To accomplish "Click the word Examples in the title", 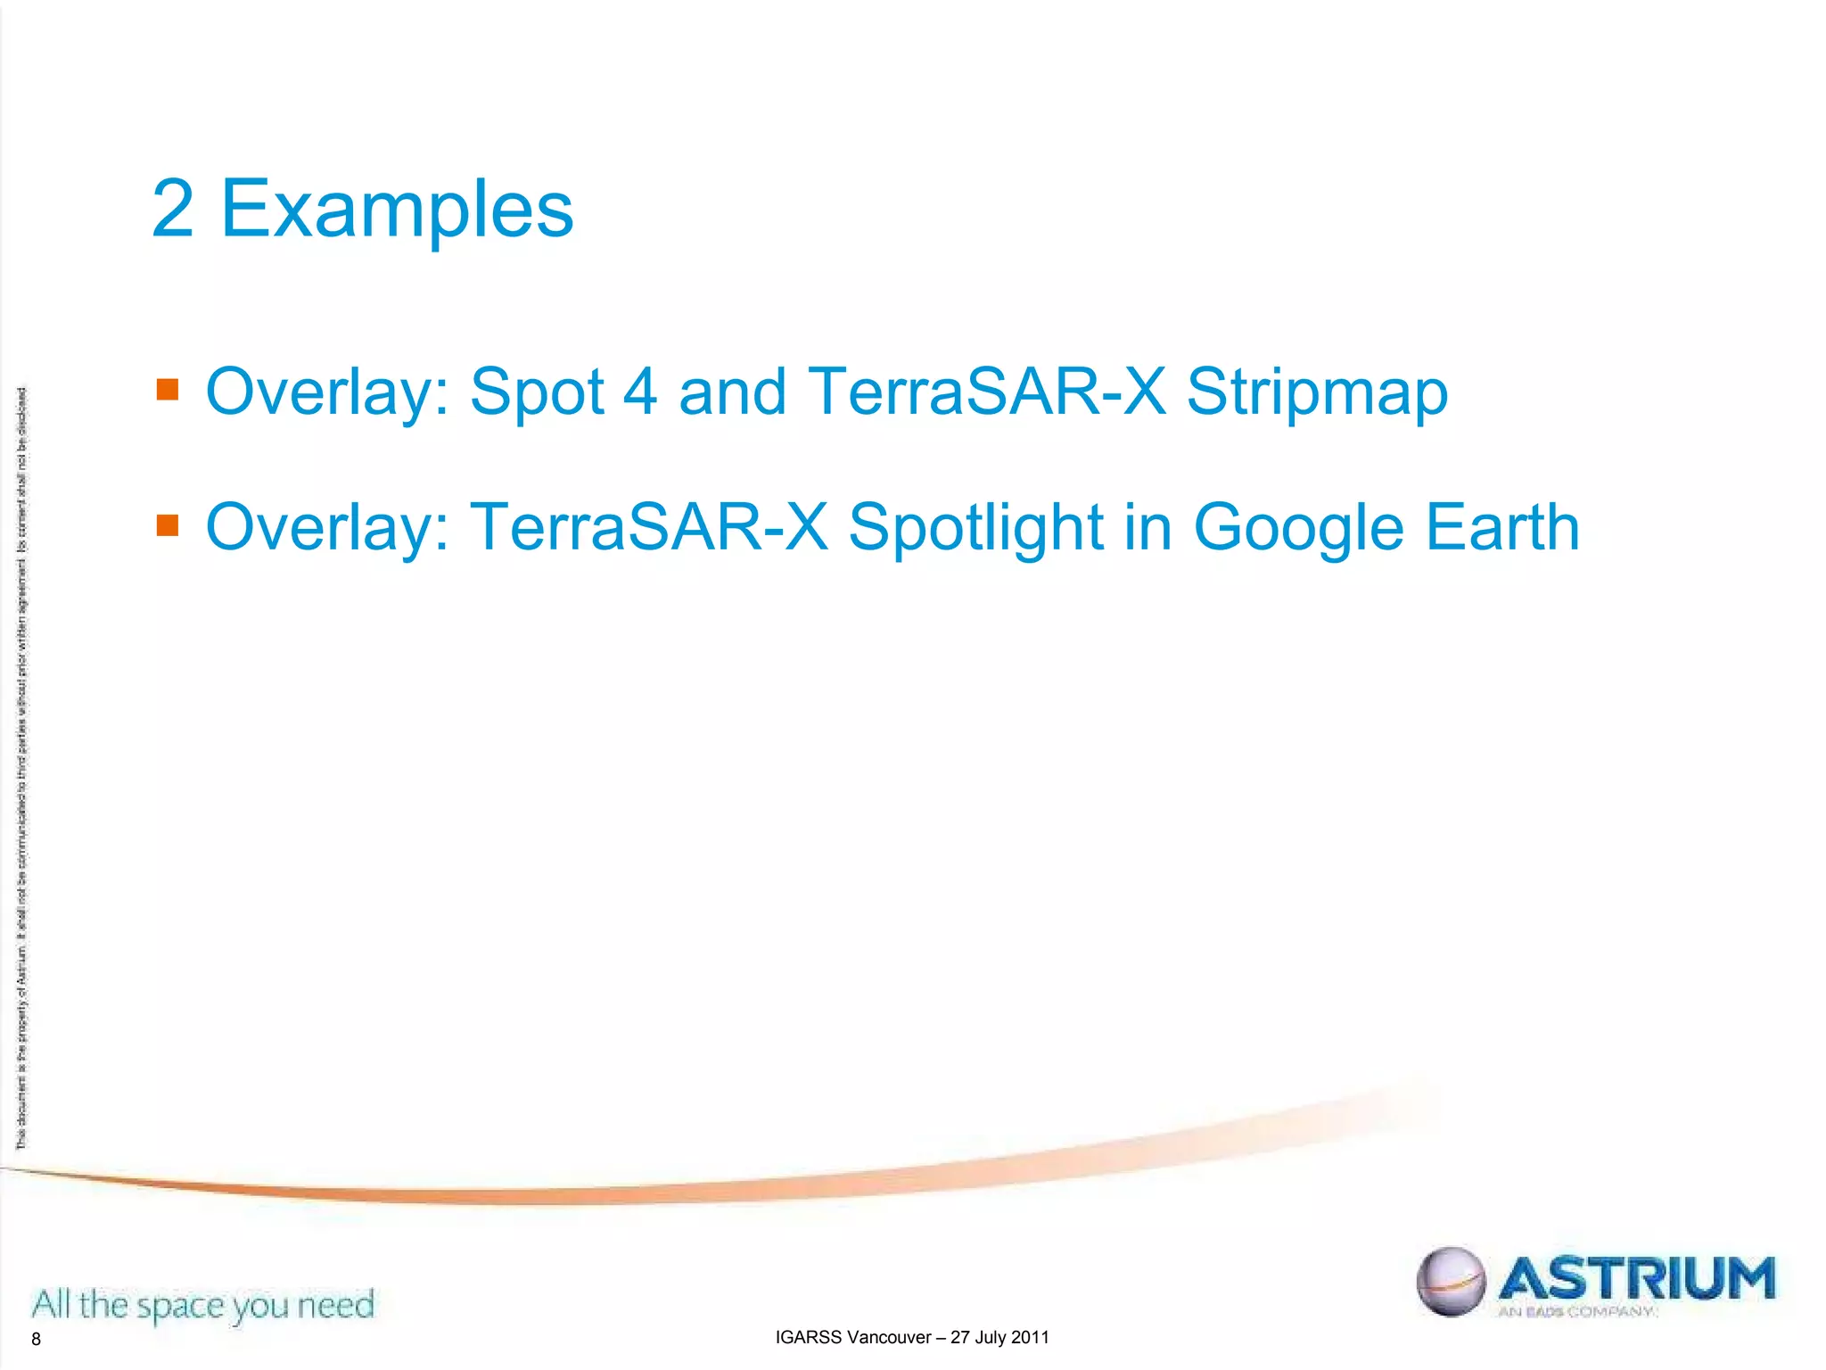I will point(397,210).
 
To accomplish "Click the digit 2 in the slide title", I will point(173,209).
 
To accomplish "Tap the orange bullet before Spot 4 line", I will point(168,390).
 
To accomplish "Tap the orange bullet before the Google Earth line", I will point(168,524).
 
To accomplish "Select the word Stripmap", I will point(1317,392).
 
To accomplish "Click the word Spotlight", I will point(975,528).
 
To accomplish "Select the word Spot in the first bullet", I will point(537,392).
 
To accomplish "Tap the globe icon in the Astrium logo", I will point(1451,1281).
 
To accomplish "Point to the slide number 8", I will point(36,1339).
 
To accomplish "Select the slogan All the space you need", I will point(203,1305).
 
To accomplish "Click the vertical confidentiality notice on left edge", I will point(21,767).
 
